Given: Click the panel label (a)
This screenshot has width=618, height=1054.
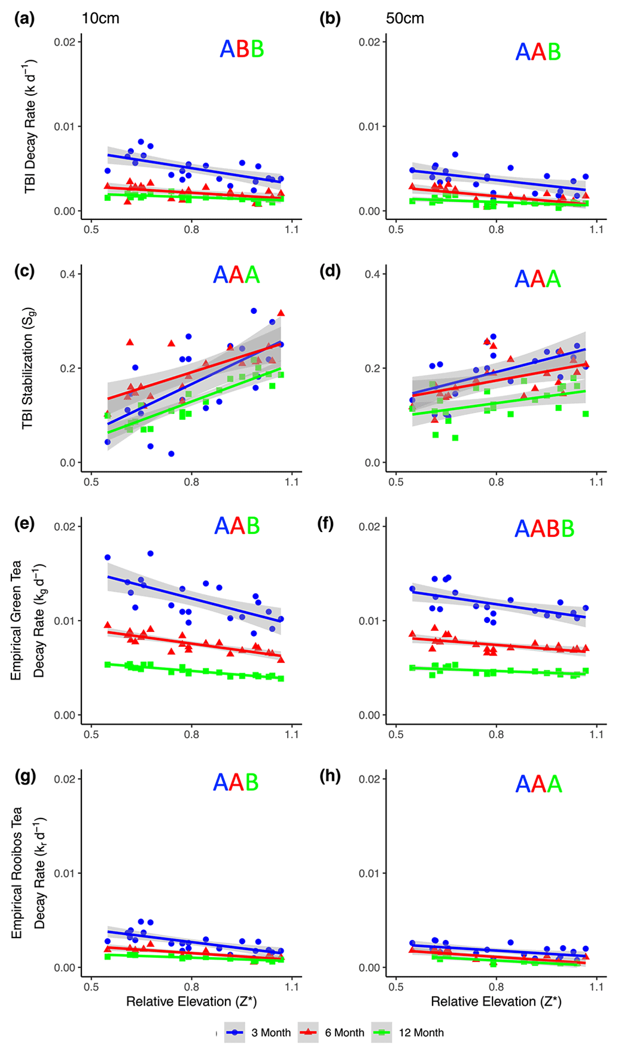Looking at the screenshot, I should click(x=24, y=19).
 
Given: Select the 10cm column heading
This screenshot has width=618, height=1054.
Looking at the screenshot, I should click(x=101, y=19).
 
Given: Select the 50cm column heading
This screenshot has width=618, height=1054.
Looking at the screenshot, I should click(x=405, y=19).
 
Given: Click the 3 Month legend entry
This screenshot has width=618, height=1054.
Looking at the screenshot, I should click(x=270, y=1032).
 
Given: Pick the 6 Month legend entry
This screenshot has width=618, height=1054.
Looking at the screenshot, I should click(x=344, y=1032).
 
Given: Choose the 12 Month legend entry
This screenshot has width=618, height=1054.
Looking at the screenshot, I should click(x=421, y=1032).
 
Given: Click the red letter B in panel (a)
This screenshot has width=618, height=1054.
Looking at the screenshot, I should click(x=242, y=49).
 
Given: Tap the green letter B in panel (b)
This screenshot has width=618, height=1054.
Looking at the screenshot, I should click(x=554, y=53).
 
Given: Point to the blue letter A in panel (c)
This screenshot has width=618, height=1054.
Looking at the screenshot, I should click(x=220, y=275).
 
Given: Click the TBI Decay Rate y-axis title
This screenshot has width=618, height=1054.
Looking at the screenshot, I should click(x=30, y=126).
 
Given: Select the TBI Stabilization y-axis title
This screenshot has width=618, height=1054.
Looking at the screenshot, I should click(x=28, y=368).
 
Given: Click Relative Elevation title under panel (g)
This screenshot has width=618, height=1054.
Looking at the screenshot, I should click(x=191, y=1001).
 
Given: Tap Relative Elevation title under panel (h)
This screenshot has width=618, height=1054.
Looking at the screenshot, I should click(x=496, y=1001).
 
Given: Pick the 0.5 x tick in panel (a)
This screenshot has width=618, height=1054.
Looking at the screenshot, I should click(x=92, y=230).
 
